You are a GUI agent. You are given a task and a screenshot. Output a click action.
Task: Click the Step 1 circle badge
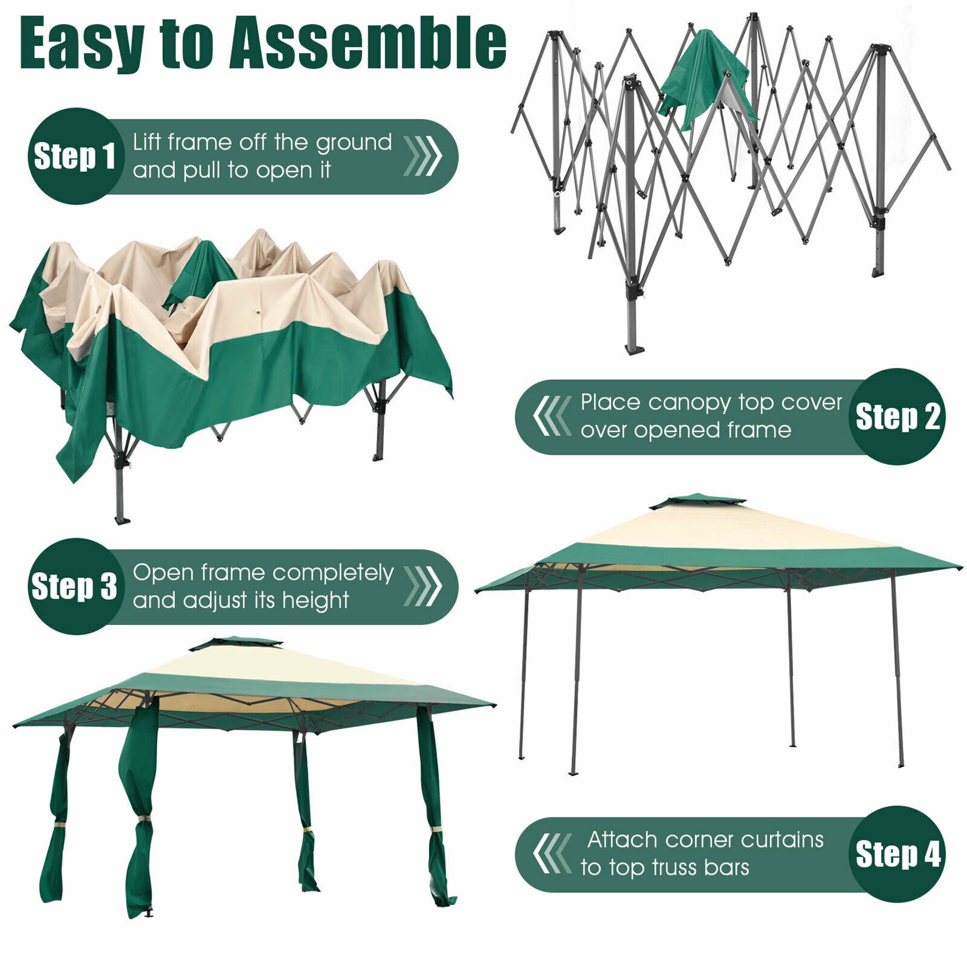(75, 156)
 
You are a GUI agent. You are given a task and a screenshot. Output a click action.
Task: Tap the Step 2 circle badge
(897, 417)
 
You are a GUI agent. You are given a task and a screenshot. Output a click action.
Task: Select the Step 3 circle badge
(75, 586)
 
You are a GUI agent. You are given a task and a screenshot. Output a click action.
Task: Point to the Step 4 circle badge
(897, 854)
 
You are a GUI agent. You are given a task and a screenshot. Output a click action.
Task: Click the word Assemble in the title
(368, 44)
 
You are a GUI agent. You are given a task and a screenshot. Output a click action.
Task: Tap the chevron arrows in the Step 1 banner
(424, 156)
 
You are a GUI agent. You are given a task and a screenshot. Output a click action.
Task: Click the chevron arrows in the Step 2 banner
(552, 416)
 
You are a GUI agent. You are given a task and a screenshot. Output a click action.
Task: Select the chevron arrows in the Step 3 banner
(424, 586)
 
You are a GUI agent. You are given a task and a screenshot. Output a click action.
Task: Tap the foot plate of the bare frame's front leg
(634, 349)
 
